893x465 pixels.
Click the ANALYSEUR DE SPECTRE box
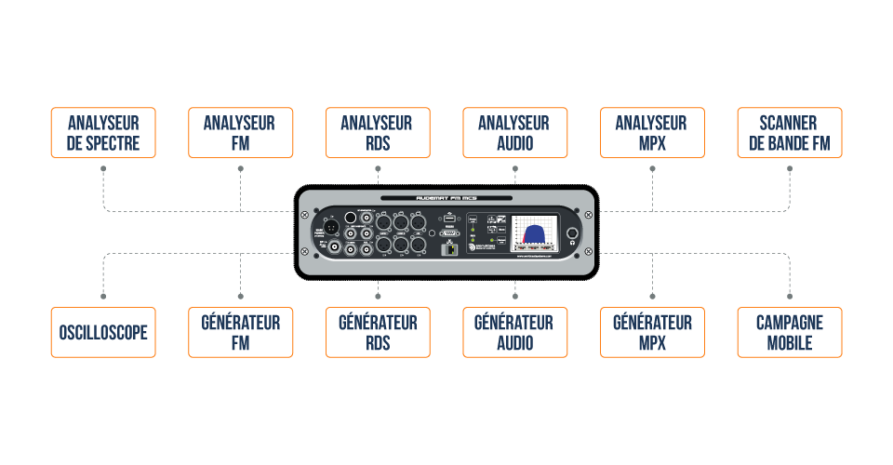(x=103, y=133)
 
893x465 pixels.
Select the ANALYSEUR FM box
(x=240, y=133)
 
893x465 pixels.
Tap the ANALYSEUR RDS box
(x=378, y=133)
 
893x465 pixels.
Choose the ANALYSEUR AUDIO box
(x=514, y=133)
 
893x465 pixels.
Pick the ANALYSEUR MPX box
(x=652, y=133)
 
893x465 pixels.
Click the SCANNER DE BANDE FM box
(x=789, y=133)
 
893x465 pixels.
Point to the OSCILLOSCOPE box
(x=103, y=332)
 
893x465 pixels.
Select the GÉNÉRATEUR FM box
(x=240, y=332)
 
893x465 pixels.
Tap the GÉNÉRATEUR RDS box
(x=378, y=332)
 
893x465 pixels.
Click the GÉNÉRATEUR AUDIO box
(x=514, y=332)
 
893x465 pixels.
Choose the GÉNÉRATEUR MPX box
(x=652, y=332)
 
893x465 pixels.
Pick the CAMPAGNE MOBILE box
(x=789, y=332)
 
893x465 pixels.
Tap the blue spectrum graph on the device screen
(x=535, y=233)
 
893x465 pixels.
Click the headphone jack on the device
(x=574, y=234)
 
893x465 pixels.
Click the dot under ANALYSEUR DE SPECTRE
(x=103, y=168)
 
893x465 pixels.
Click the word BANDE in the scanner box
(x=789, y=144)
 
